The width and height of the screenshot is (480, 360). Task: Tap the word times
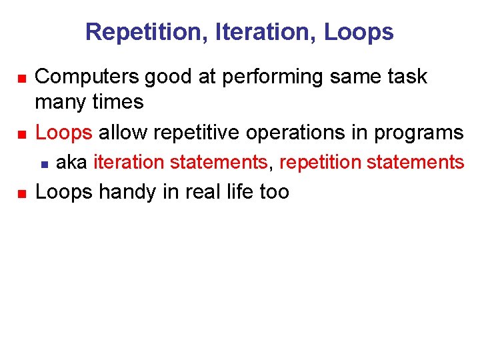pos(119,102)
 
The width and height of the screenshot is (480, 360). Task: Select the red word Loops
pos(64,133)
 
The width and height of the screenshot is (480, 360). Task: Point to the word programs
pos(419,133)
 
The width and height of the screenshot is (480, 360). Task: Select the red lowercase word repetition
pos(320,162)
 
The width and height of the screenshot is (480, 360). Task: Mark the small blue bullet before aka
pos(43,163)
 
